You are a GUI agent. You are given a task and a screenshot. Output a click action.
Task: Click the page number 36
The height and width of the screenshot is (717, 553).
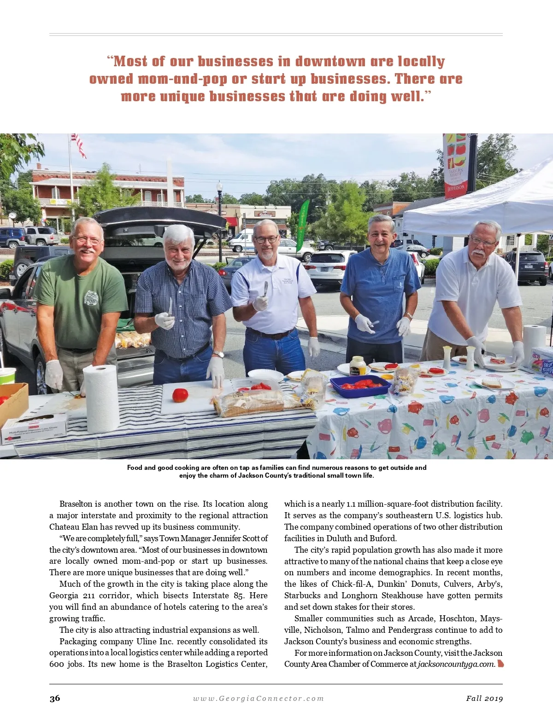pyautogui.click(x=55, y=698)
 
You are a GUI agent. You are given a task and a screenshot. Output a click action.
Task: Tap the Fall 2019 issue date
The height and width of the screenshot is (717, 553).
pyautogui.click(x=484, y=698)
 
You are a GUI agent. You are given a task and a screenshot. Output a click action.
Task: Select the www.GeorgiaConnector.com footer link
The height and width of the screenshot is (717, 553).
pyautogui.click(x=258, y=698)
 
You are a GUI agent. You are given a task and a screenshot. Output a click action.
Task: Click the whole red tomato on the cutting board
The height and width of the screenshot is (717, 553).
pyautogui.click(x=180, y=395)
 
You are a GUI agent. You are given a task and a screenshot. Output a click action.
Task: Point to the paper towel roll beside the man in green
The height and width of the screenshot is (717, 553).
pyautogui.click(x=100, y=399)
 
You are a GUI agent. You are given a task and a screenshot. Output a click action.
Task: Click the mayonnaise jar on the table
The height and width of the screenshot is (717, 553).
pyautogui.click(x=357, y=366)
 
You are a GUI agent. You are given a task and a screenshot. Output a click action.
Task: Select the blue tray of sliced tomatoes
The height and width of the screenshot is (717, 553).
pyautogui.click(x=360, y=386)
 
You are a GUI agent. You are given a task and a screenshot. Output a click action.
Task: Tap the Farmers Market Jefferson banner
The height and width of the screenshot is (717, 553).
pyautogui.click(x=456, y=165)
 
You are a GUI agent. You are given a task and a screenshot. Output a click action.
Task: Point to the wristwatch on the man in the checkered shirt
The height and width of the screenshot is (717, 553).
pyautogui.click(x=219, y=353)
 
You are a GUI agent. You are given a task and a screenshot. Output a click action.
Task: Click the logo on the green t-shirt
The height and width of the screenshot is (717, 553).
pyautogui.click(x=91, y=298)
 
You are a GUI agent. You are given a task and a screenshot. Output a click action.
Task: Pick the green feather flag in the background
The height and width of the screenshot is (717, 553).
pyautogui.click(x=303, y=225)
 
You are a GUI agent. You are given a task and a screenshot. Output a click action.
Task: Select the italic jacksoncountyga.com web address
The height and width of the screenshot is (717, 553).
pyautogui.click(x=456, y=664)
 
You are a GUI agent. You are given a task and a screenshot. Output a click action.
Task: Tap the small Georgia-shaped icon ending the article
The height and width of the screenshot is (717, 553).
pyautogui.click(x=500, y=664)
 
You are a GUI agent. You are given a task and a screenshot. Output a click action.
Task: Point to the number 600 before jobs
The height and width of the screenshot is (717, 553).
pyautogui.click(x=57, y=664)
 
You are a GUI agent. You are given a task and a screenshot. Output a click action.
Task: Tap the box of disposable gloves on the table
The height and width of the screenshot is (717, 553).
pyautogui.click(x=34, y=429)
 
